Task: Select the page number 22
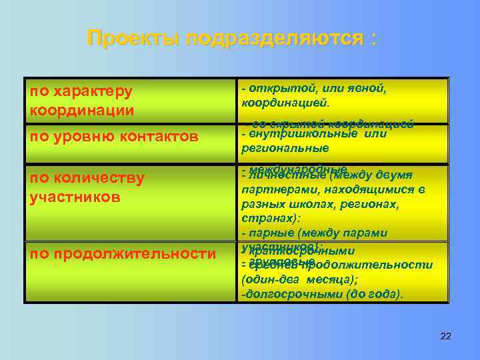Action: [x=446, y=336]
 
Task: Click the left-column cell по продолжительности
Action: [x=123, y=253]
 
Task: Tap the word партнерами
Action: [x=276, y=190]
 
